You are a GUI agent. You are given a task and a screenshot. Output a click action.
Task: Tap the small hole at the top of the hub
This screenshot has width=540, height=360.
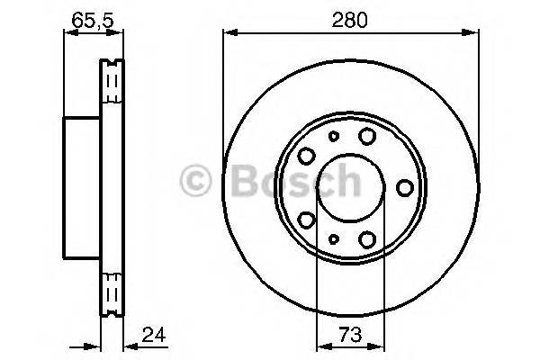333,137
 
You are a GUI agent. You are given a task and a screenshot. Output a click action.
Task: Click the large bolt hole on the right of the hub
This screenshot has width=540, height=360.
405,187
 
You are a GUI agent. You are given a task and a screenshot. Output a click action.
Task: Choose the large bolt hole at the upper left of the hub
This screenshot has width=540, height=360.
306,154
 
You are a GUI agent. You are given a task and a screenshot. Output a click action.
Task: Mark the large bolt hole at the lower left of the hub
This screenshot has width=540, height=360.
306,220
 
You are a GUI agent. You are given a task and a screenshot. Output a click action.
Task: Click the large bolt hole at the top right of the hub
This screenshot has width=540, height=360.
367,135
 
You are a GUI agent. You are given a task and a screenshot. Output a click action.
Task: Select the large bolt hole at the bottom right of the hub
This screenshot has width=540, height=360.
367,239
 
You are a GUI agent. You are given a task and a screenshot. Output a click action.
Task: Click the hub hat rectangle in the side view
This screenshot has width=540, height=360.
82,187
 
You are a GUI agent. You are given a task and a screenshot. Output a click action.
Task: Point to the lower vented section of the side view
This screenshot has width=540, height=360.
112,288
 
